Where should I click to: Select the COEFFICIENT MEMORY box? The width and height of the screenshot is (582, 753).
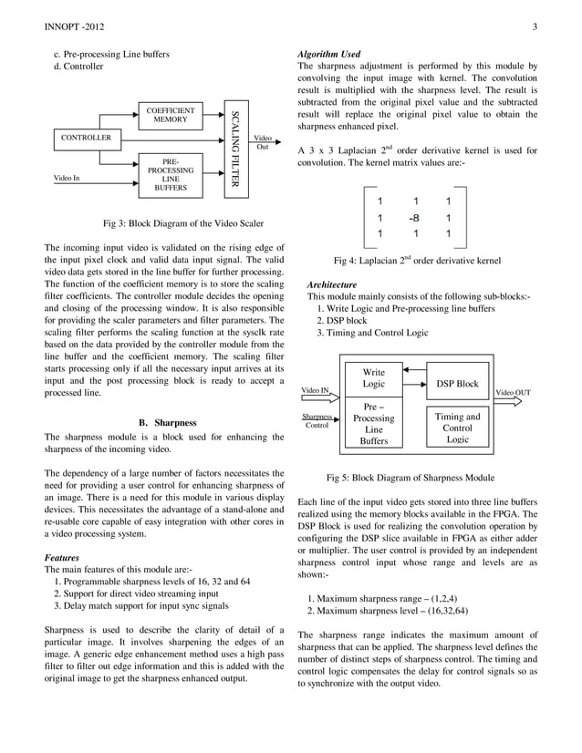pos(170,115)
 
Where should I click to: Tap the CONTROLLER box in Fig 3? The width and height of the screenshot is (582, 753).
pos(86,138)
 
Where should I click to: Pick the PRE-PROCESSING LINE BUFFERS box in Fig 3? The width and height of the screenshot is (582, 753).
pos(170,175)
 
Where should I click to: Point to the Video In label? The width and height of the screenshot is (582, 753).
pos(68,178)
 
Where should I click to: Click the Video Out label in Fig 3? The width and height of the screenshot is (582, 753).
pos(262,142)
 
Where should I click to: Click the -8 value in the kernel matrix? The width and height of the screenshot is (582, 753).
pos(413,218)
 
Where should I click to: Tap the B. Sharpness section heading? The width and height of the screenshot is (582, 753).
pos(164,423)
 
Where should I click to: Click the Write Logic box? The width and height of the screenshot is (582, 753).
pos(373,379)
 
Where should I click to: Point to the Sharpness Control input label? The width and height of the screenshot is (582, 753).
pos(317,420)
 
